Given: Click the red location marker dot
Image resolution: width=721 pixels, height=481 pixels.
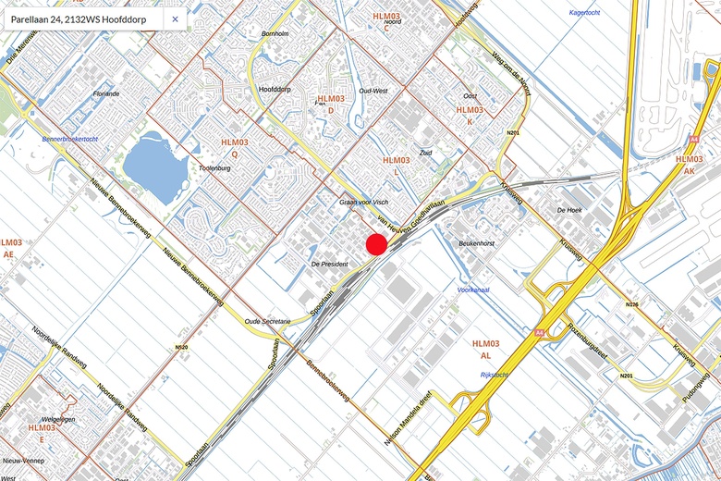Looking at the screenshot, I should (376, 244).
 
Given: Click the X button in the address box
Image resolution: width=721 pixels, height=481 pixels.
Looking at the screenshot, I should (176, 18).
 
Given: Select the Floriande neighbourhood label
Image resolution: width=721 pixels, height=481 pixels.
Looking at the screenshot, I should (106, 93).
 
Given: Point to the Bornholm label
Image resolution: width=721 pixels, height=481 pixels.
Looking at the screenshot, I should (275, 33).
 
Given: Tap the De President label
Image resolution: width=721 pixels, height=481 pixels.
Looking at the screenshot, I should (328, 265).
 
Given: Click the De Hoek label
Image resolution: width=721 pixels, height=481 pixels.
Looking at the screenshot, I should (569, 211).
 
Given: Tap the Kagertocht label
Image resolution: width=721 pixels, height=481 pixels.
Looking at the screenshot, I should (586, 13).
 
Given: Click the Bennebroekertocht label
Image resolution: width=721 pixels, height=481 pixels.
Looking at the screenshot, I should (70, 139).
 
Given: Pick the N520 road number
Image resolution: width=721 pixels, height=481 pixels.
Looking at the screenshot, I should (180, 347).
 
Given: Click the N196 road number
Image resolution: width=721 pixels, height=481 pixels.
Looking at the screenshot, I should (632, 304).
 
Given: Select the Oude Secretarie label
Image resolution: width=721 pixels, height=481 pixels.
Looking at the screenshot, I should (267, 321).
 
